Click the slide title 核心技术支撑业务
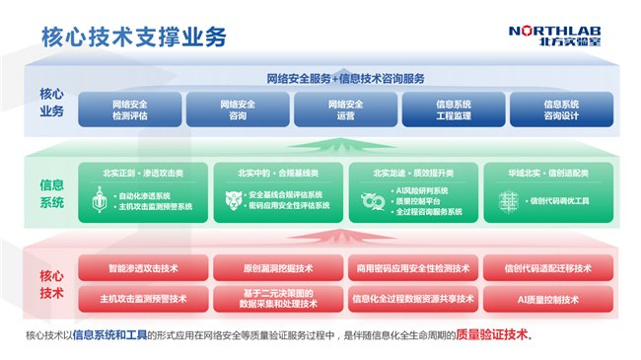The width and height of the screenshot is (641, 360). (134, 37)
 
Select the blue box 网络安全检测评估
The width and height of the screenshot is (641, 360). (129, 108)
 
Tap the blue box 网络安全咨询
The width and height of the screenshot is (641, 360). (237, 108)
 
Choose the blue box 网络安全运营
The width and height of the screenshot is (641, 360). (345, 108)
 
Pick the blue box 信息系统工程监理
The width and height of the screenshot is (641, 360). (453, 108)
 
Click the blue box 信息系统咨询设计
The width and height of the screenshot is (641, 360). (559, 108)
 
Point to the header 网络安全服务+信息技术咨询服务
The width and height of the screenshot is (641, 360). (345, 78)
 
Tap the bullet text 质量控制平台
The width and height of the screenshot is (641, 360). (418, 199)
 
